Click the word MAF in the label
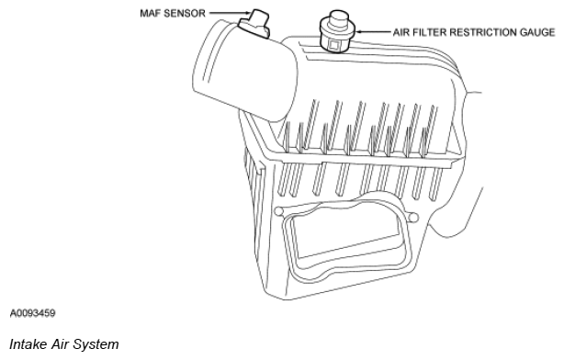coord(150,13)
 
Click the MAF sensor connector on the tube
coord(255,23)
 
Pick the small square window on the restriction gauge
coord(333,45)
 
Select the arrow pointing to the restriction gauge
coord(373,32)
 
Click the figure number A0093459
coord(32,313)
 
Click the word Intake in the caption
coord(28,344)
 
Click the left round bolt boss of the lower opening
coord(279,211)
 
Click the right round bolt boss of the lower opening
coord(413,218)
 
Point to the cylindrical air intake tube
coord(245,70)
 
